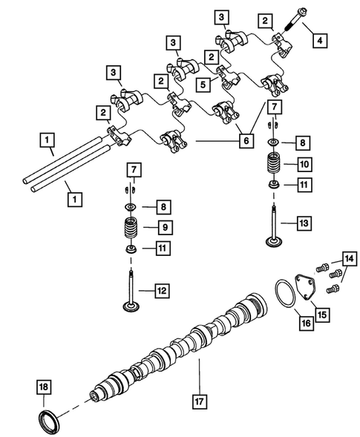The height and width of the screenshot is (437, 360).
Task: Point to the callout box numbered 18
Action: click(44, 386)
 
